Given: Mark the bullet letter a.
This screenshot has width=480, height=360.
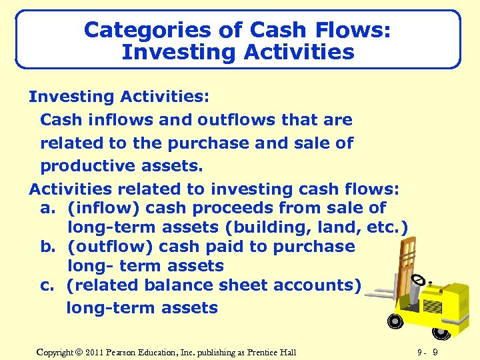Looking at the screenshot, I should click(47, 208).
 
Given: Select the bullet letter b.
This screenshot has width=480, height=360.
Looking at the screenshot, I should click(47, 246).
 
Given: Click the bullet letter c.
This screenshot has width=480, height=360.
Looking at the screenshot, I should click(47, 285).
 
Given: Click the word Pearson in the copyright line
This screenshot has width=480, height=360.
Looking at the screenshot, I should click(123, 352).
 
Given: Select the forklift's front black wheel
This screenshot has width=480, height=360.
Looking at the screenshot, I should click(395, 321).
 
